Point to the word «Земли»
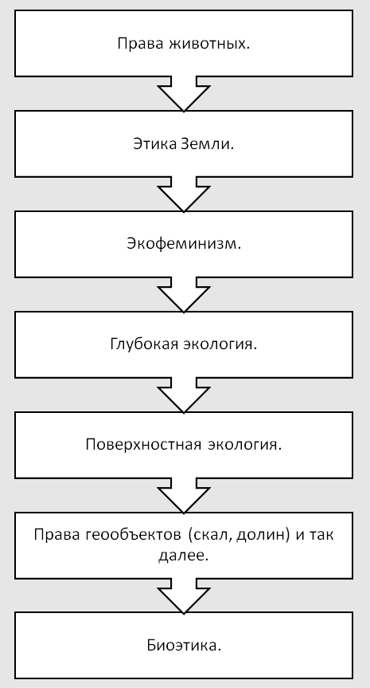click(x=206, y=144)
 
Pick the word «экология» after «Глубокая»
click(x=220, y=344)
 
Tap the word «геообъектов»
click(x=131, y=535)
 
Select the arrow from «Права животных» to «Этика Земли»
click(x=184, y=94)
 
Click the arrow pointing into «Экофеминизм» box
click(x=184, y=195)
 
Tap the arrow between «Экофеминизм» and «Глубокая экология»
click(x=184, y=295)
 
